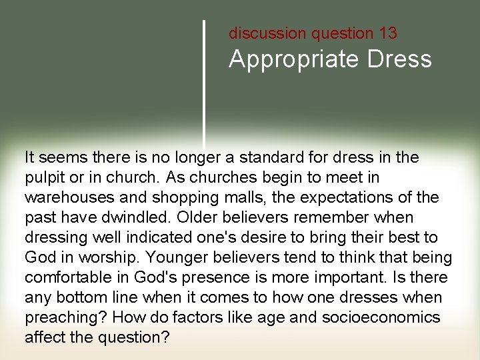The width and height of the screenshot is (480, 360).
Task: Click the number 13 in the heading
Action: tap(386, 33)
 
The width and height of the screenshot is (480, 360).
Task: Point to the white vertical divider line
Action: tap(204, 80)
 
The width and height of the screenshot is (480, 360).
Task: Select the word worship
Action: tap(101, 257)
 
